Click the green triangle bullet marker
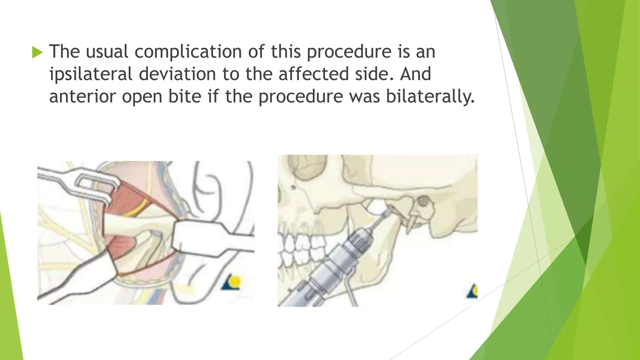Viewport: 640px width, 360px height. pyautogui.click(x=37, y=52)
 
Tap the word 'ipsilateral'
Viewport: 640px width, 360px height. pyautogui.click(x=91, y=74)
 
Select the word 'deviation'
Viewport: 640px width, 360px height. pyautogui.click(x=177, y=74)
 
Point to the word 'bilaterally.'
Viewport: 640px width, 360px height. pyautogui.click(x=430, y=97)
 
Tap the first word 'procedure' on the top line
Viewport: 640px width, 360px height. pyautogui.click(x=349, y=52)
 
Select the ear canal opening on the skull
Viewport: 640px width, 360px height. pyautogui.click(x=423, y=202)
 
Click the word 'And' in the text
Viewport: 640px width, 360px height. pyautogui.click(x=415, y=74)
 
